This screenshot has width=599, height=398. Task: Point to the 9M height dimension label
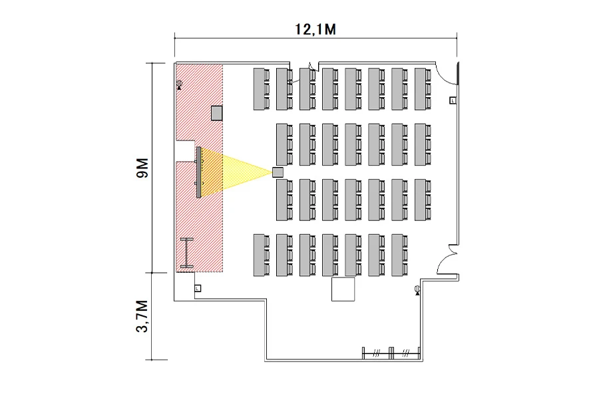(x=140, y=167)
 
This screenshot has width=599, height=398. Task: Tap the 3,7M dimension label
(x=141, y=317)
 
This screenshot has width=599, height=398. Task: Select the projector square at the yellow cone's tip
(x=278, y=172)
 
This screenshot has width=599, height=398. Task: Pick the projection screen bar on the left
(x=198, y=171)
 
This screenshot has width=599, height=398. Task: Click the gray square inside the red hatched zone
(x=216, y=112)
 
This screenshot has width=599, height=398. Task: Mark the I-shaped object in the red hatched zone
(x=187, y=253)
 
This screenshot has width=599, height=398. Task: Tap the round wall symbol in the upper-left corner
(x=179, y=85)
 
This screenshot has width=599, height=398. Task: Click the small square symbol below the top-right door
(x=453, y=100)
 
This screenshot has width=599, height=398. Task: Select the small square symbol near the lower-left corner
(x=197, y=288)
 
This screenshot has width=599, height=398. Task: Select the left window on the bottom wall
(x=376, y=353)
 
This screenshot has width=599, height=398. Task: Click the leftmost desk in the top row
(x=260, y=89)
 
